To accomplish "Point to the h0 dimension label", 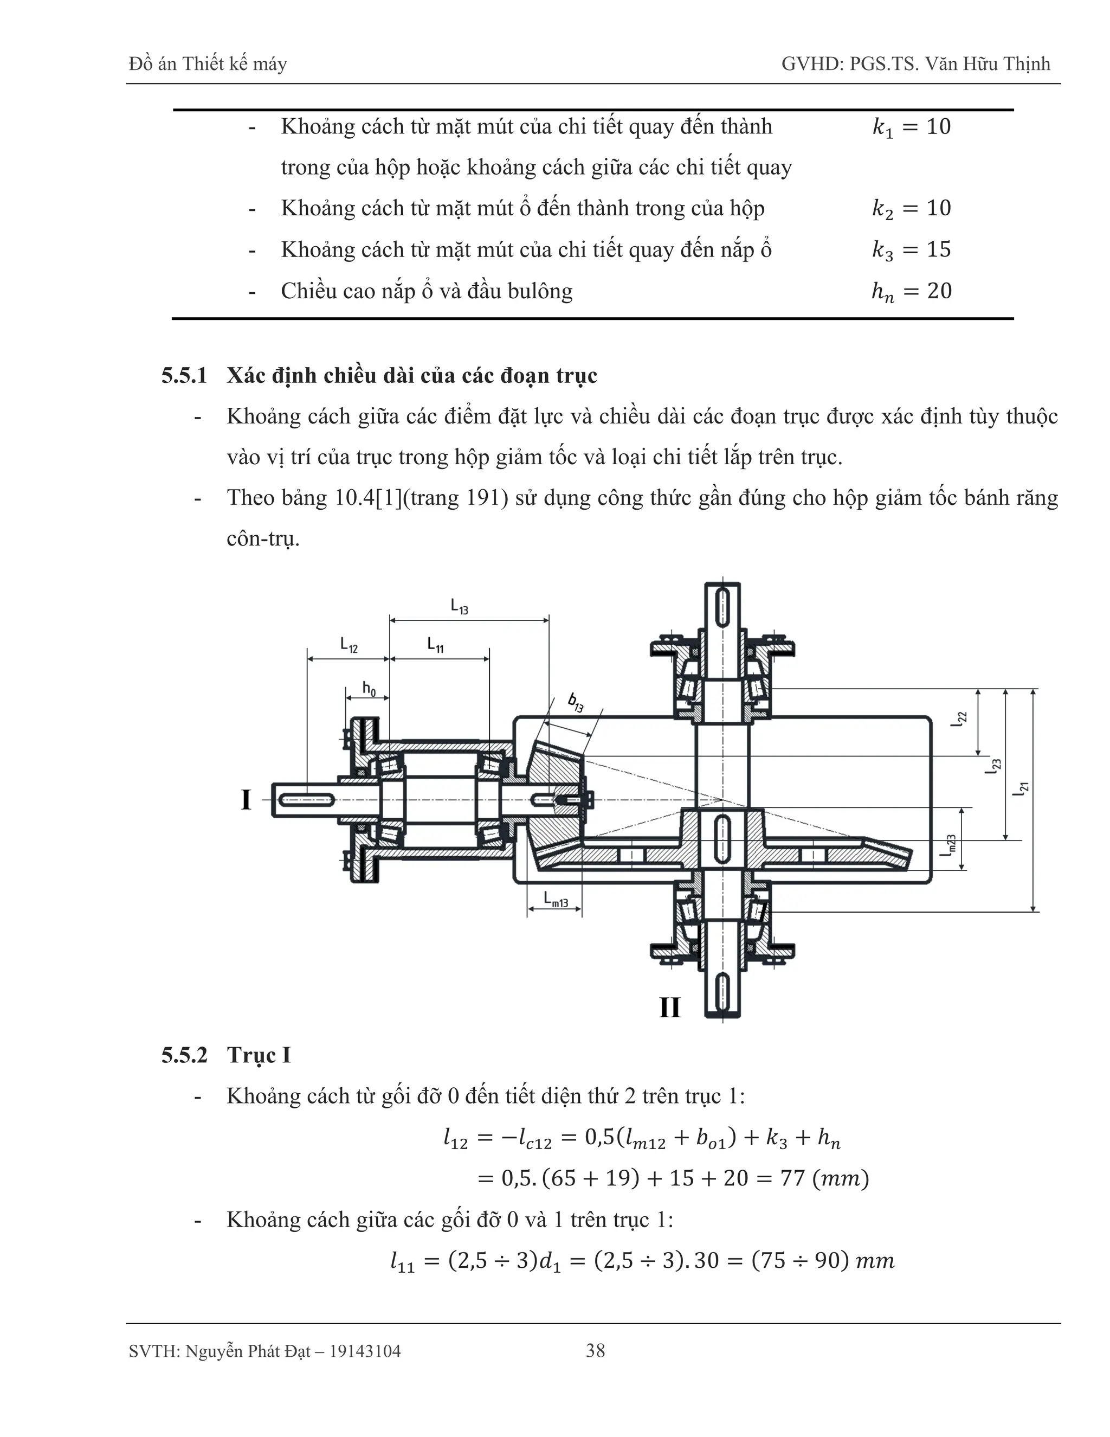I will pyautogui.click(x=369, y=689).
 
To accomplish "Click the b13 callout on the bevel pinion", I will pyautogui.click(x=576, y=703).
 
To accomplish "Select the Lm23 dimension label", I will pyautogui.click(x=949, y=845).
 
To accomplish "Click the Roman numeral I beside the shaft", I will pyautogui.click(x=246, y=800).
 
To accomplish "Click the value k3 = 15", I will pyautogui.click(x=912, y=249).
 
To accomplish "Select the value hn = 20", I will pyautogui.click(x=912, y=291).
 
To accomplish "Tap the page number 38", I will pyautogui.click(x=595, y=1351).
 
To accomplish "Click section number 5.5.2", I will pyautogui.click(x=184, y=1055).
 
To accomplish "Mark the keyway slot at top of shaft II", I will pyautogui.click(x=722, y=607).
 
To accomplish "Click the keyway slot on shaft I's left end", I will pyautogui.click(x=306, y=799).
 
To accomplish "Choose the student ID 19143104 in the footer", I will pyautogui.click(x=365, y=1351).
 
